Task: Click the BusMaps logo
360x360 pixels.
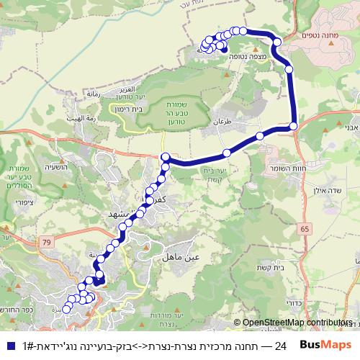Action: click(x=328, y=346)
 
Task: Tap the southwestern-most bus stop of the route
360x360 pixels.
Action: click(x=66, y=309)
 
